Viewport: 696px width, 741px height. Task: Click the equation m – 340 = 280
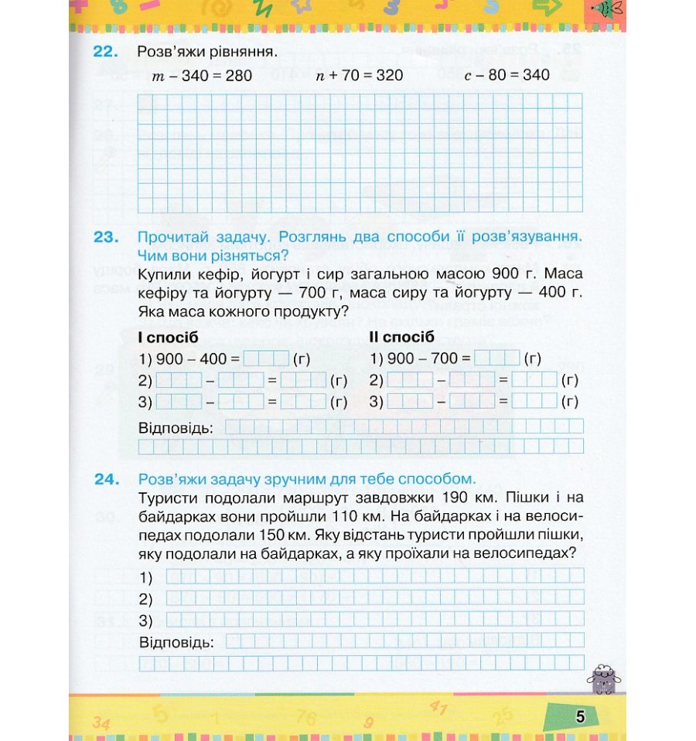pyautogui.click(x=204, y=76)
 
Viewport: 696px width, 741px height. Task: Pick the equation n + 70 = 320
pyautogui.click(x=360, y=76)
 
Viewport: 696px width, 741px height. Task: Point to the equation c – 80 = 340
pyautogui.click(x=507, y=75)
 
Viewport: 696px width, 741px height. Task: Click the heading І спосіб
pyautogui.click(x=168, y=338)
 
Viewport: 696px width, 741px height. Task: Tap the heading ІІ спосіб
pyautogui.click(x=402, y=338)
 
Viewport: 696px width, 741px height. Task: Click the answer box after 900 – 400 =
pyautogui.click(x=265, y=359)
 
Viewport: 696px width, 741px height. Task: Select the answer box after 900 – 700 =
pyautogui.click(x=496, y=359)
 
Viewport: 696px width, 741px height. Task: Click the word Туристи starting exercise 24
pyautogui.click(x=166, y=497)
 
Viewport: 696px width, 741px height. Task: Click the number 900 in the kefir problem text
pyautogui.click(x=500, y=274)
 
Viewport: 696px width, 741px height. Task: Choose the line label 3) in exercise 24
pyautogui.click(x=146, y=620)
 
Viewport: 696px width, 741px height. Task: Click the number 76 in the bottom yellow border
pyautogui.click(x=307, y=719)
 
